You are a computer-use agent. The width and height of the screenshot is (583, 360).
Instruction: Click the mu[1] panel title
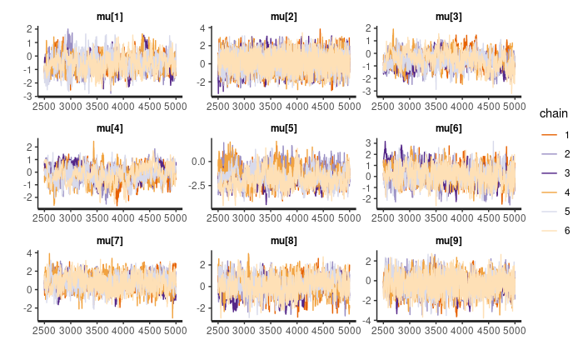(110, 17)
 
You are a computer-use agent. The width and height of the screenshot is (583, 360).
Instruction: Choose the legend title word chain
(554, 112)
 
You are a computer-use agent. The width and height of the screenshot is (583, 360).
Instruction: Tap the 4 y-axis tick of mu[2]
(202, 29)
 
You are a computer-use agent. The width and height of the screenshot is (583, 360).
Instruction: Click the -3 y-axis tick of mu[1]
(30, 97)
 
